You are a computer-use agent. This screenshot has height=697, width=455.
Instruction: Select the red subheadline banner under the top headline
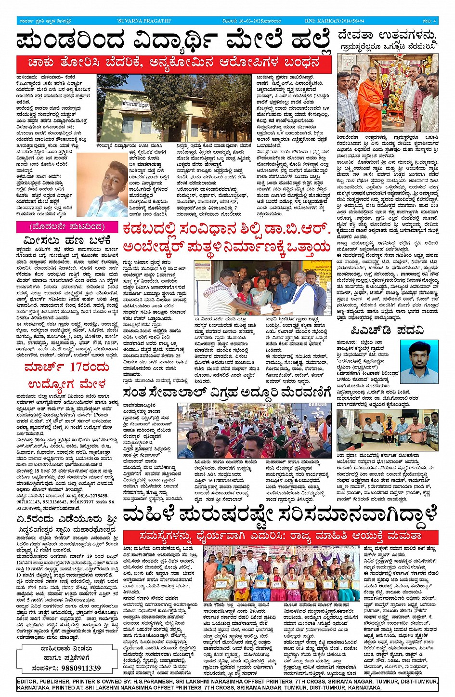(174, 63)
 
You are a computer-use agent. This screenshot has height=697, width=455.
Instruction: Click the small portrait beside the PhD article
(419, 361)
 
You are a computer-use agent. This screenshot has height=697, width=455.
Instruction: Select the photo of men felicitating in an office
(387, 429)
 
